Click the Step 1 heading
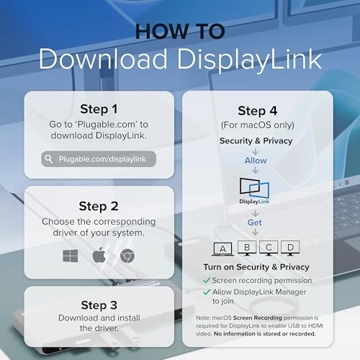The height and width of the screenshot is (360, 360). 99,109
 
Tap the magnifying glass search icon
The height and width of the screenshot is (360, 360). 49,159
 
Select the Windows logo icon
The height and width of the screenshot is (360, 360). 71,256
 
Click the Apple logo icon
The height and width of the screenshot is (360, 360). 99,255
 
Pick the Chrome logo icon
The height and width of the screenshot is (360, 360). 127,256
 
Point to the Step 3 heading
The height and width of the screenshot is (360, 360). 99,305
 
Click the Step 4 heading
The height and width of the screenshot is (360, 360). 258,111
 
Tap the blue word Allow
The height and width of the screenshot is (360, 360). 256,161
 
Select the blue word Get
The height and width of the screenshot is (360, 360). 255,222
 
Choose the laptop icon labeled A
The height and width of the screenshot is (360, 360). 222,248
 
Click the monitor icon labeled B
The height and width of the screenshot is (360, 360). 247,248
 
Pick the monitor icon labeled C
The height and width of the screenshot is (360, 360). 269,248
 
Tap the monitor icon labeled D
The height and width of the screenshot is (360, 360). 290,248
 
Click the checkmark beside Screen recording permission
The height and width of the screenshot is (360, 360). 207,280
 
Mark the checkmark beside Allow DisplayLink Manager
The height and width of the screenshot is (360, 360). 207,292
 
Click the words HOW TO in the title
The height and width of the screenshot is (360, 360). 180,32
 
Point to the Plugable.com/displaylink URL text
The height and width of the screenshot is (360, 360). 102,159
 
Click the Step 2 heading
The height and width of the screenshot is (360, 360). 99,207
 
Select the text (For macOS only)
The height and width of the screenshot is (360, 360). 258,125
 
